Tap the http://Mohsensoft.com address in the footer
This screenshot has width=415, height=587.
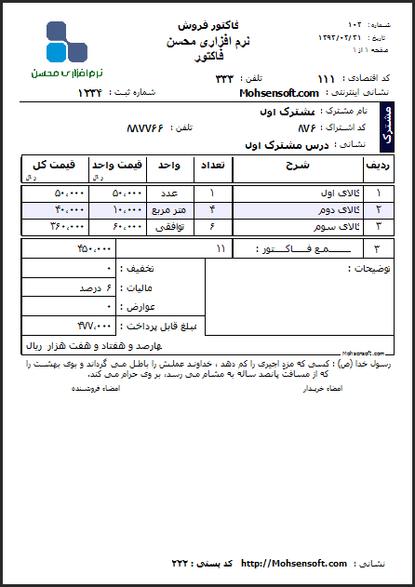(x=293, y=564)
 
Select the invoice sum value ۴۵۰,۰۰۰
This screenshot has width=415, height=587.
(x=94, y=249)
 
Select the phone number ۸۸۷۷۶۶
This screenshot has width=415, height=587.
(x=145, y=127)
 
